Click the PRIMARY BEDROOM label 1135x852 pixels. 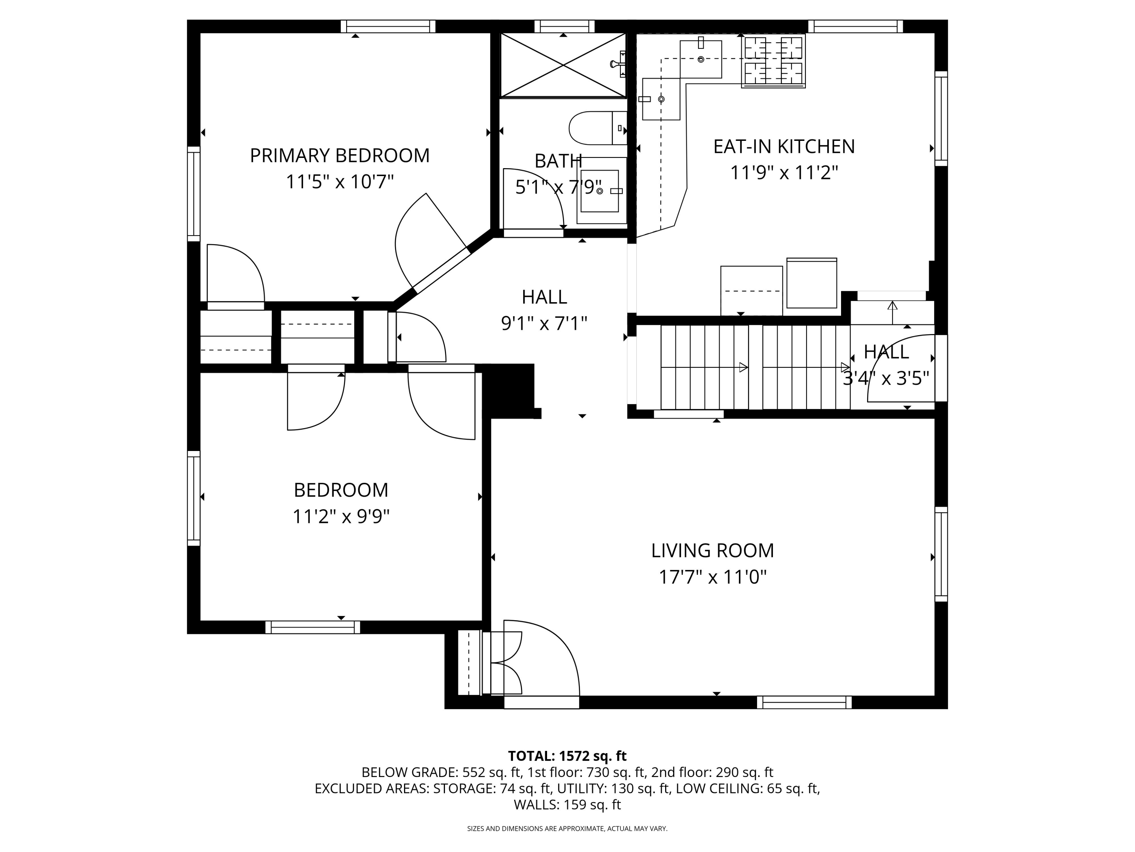coord(340,156)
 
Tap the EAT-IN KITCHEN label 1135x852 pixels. coord(784,147)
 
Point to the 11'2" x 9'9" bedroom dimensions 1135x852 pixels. coord(341,516)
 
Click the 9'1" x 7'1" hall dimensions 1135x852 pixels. coord(544,323)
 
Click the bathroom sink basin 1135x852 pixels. coord(599,191)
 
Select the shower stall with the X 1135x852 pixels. coord(563,65)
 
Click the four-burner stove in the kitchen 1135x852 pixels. coord(773,61)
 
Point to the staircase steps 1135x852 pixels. coord(755,367)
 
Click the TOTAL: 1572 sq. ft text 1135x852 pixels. coord(567,756)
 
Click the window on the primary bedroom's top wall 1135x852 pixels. coord(388,26)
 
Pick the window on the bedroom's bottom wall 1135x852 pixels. coord(313,627)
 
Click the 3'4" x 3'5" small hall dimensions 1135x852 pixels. coord(886,379)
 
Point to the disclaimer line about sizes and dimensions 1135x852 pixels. coord(567,829)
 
